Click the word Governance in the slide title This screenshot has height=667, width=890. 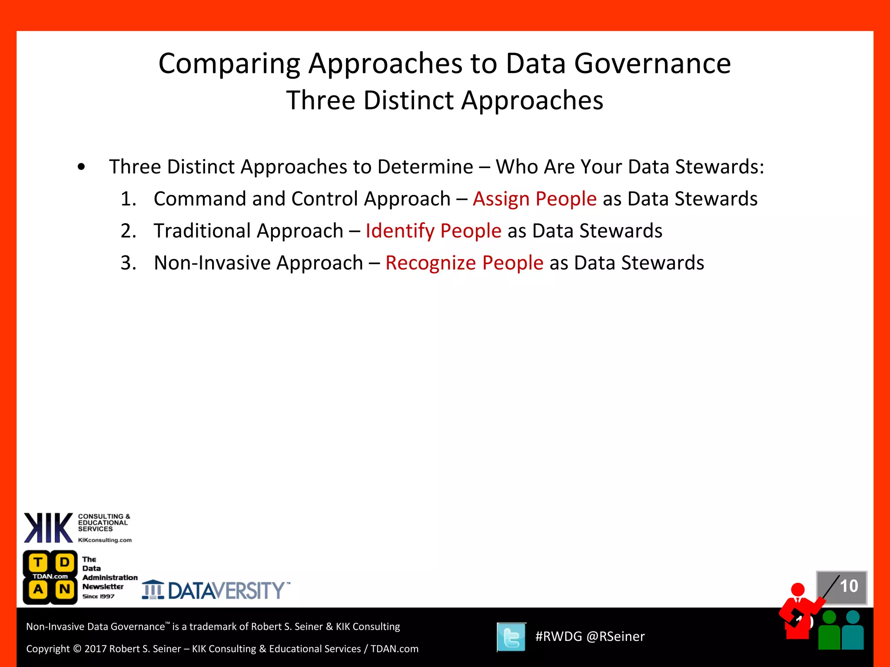tap(652, 64)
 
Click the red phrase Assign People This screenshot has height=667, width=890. tap(535, 199)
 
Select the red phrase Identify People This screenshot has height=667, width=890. tap(433, 231)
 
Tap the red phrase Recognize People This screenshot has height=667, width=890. tap(464, 263)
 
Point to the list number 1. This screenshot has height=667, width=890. tap(128, 199)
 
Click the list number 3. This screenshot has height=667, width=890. tap(128, 263)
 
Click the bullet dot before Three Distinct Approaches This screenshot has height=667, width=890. tap(81, 167)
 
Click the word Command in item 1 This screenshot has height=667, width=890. tap(200, 199)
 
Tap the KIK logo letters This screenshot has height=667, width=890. tap(48, 528)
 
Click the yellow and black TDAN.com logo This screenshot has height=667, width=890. tap(50, 577)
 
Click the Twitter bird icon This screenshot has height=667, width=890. tap(511, 637)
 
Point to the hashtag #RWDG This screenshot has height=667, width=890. tap(558, 637)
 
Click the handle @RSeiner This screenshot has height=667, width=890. tap(615, 637)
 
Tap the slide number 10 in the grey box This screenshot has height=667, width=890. tap(849, 586)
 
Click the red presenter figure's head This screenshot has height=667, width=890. tap(798, 590)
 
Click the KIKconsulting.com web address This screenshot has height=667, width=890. tap(105, 540)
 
